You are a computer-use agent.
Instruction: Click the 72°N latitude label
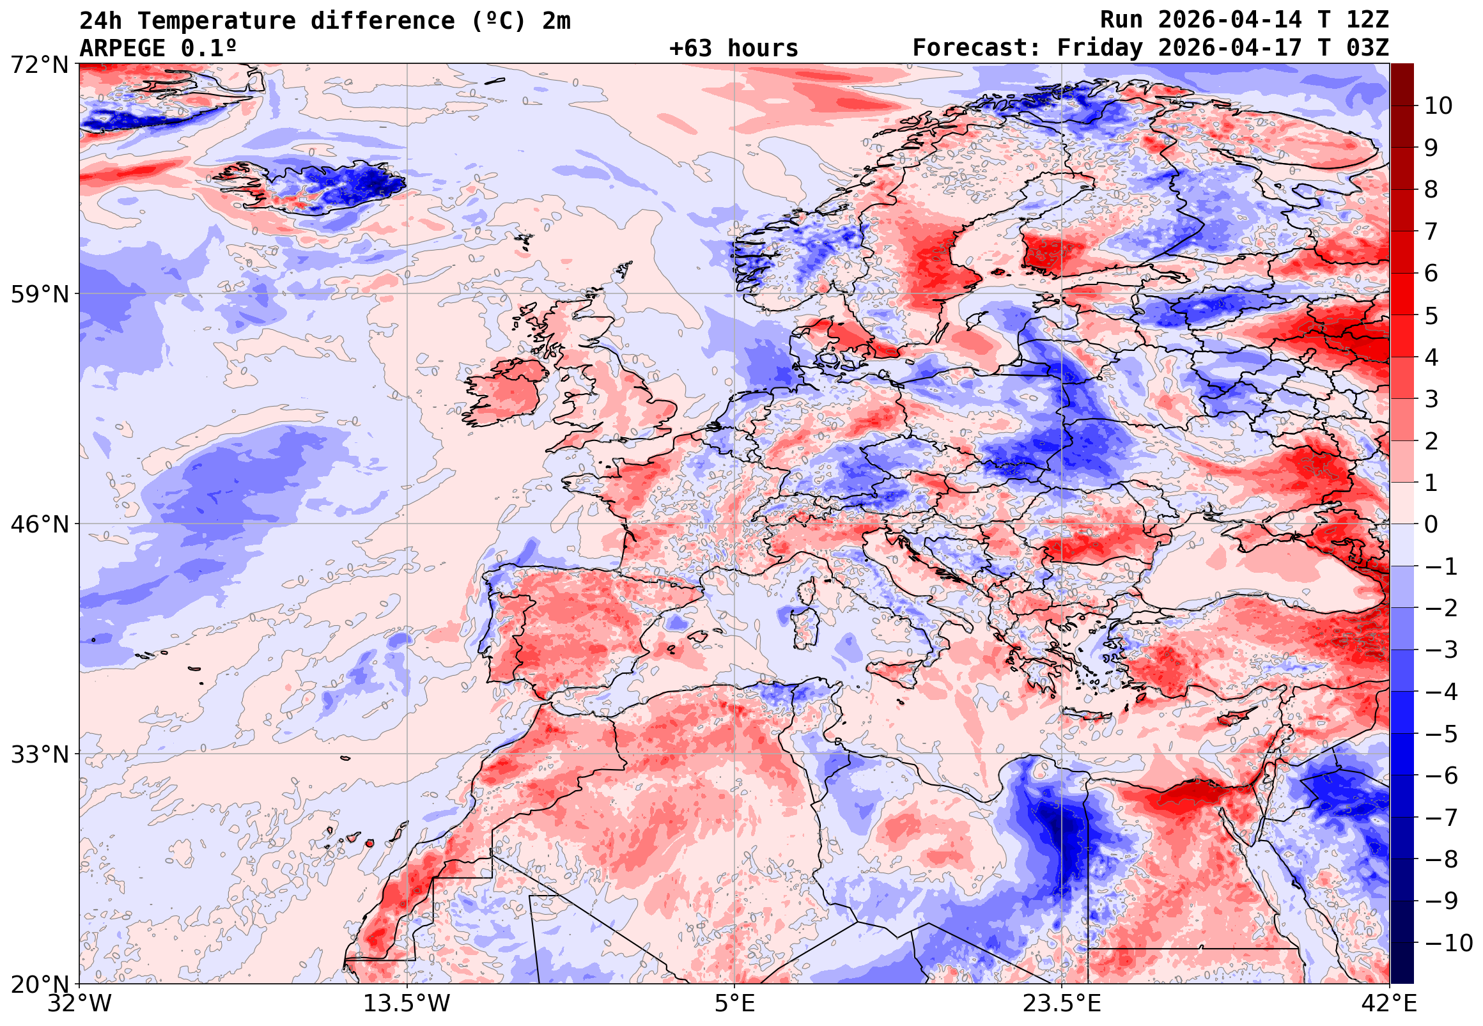pyautogui.click(x=39, y=65)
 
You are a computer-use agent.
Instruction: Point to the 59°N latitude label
pyautogui.click(x=39, y=295)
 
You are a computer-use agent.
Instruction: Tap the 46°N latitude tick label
pyautogui.click(x=39, y=525)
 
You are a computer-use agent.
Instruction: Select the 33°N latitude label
pyautogui.click(x=39, y=754)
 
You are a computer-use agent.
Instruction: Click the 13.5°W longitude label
pyautogui.click(x=407, y=1004)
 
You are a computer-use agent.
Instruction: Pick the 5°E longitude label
pyautogui.click(x=734, y=1004)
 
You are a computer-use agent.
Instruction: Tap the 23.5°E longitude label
pyautogui.click(x=1061, y=1004)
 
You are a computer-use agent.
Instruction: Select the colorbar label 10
pyautogui.click(x=1439, y=106)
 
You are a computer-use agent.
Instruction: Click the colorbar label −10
pyautogui.click(x=1449, y=943)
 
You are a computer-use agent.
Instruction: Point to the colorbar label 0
pyautogui.click(x=1431, y=525)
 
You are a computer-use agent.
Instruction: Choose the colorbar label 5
pyautogui.click(x=1431, y=316)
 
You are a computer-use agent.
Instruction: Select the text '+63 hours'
pyautogui.click(x=733, y=48)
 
